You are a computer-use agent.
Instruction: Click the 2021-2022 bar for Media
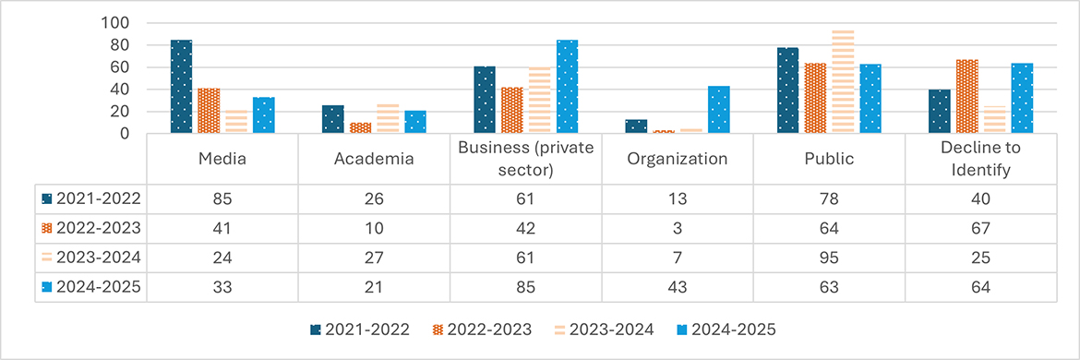[181, 87]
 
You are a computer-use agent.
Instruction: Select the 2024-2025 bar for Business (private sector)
[567, 87]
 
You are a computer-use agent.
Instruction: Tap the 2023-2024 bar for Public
[843, 81]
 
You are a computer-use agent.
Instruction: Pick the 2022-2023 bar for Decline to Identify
[966, 96]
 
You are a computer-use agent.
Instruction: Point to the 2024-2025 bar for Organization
[718, 110]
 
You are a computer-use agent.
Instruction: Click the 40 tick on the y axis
[122, 90]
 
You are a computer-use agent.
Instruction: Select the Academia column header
[374, 159]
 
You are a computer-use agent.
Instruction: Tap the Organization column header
[677, 159]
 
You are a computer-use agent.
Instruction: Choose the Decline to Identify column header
[981, 159]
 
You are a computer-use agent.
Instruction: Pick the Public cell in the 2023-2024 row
[829, 257]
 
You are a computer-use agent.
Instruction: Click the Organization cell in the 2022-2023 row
[677, 228]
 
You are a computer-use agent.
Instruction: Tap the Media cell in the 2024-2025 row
[222, 286]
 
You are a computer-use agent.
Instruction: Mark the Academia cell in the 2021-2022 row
[374, 199]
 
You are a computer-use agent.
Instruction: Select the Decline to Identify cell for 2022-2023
[981, 228]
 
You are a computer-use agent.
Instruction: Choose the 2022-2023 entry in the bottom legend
[483, 330]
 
